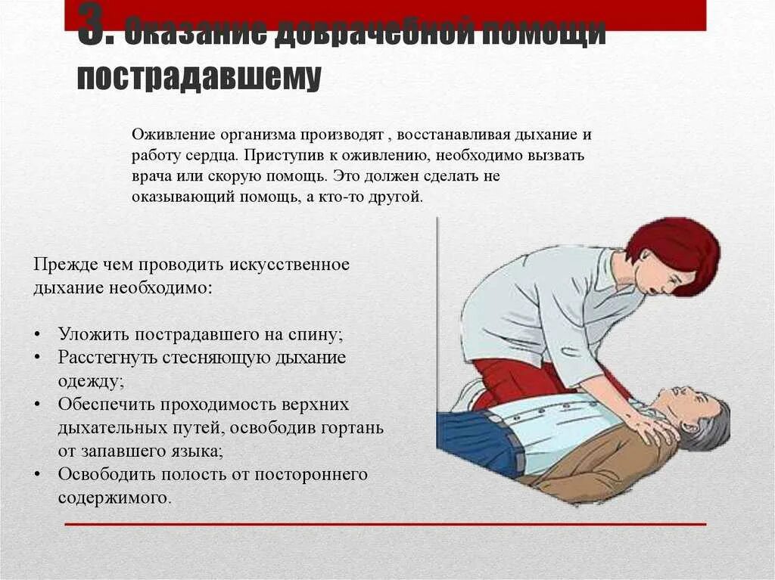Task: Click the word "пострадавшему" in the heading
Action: [x=199, y=77]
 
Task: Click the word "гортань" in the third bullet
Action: [x=351, y=427]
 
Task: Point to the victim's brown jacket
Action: [x=598, y=461]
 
